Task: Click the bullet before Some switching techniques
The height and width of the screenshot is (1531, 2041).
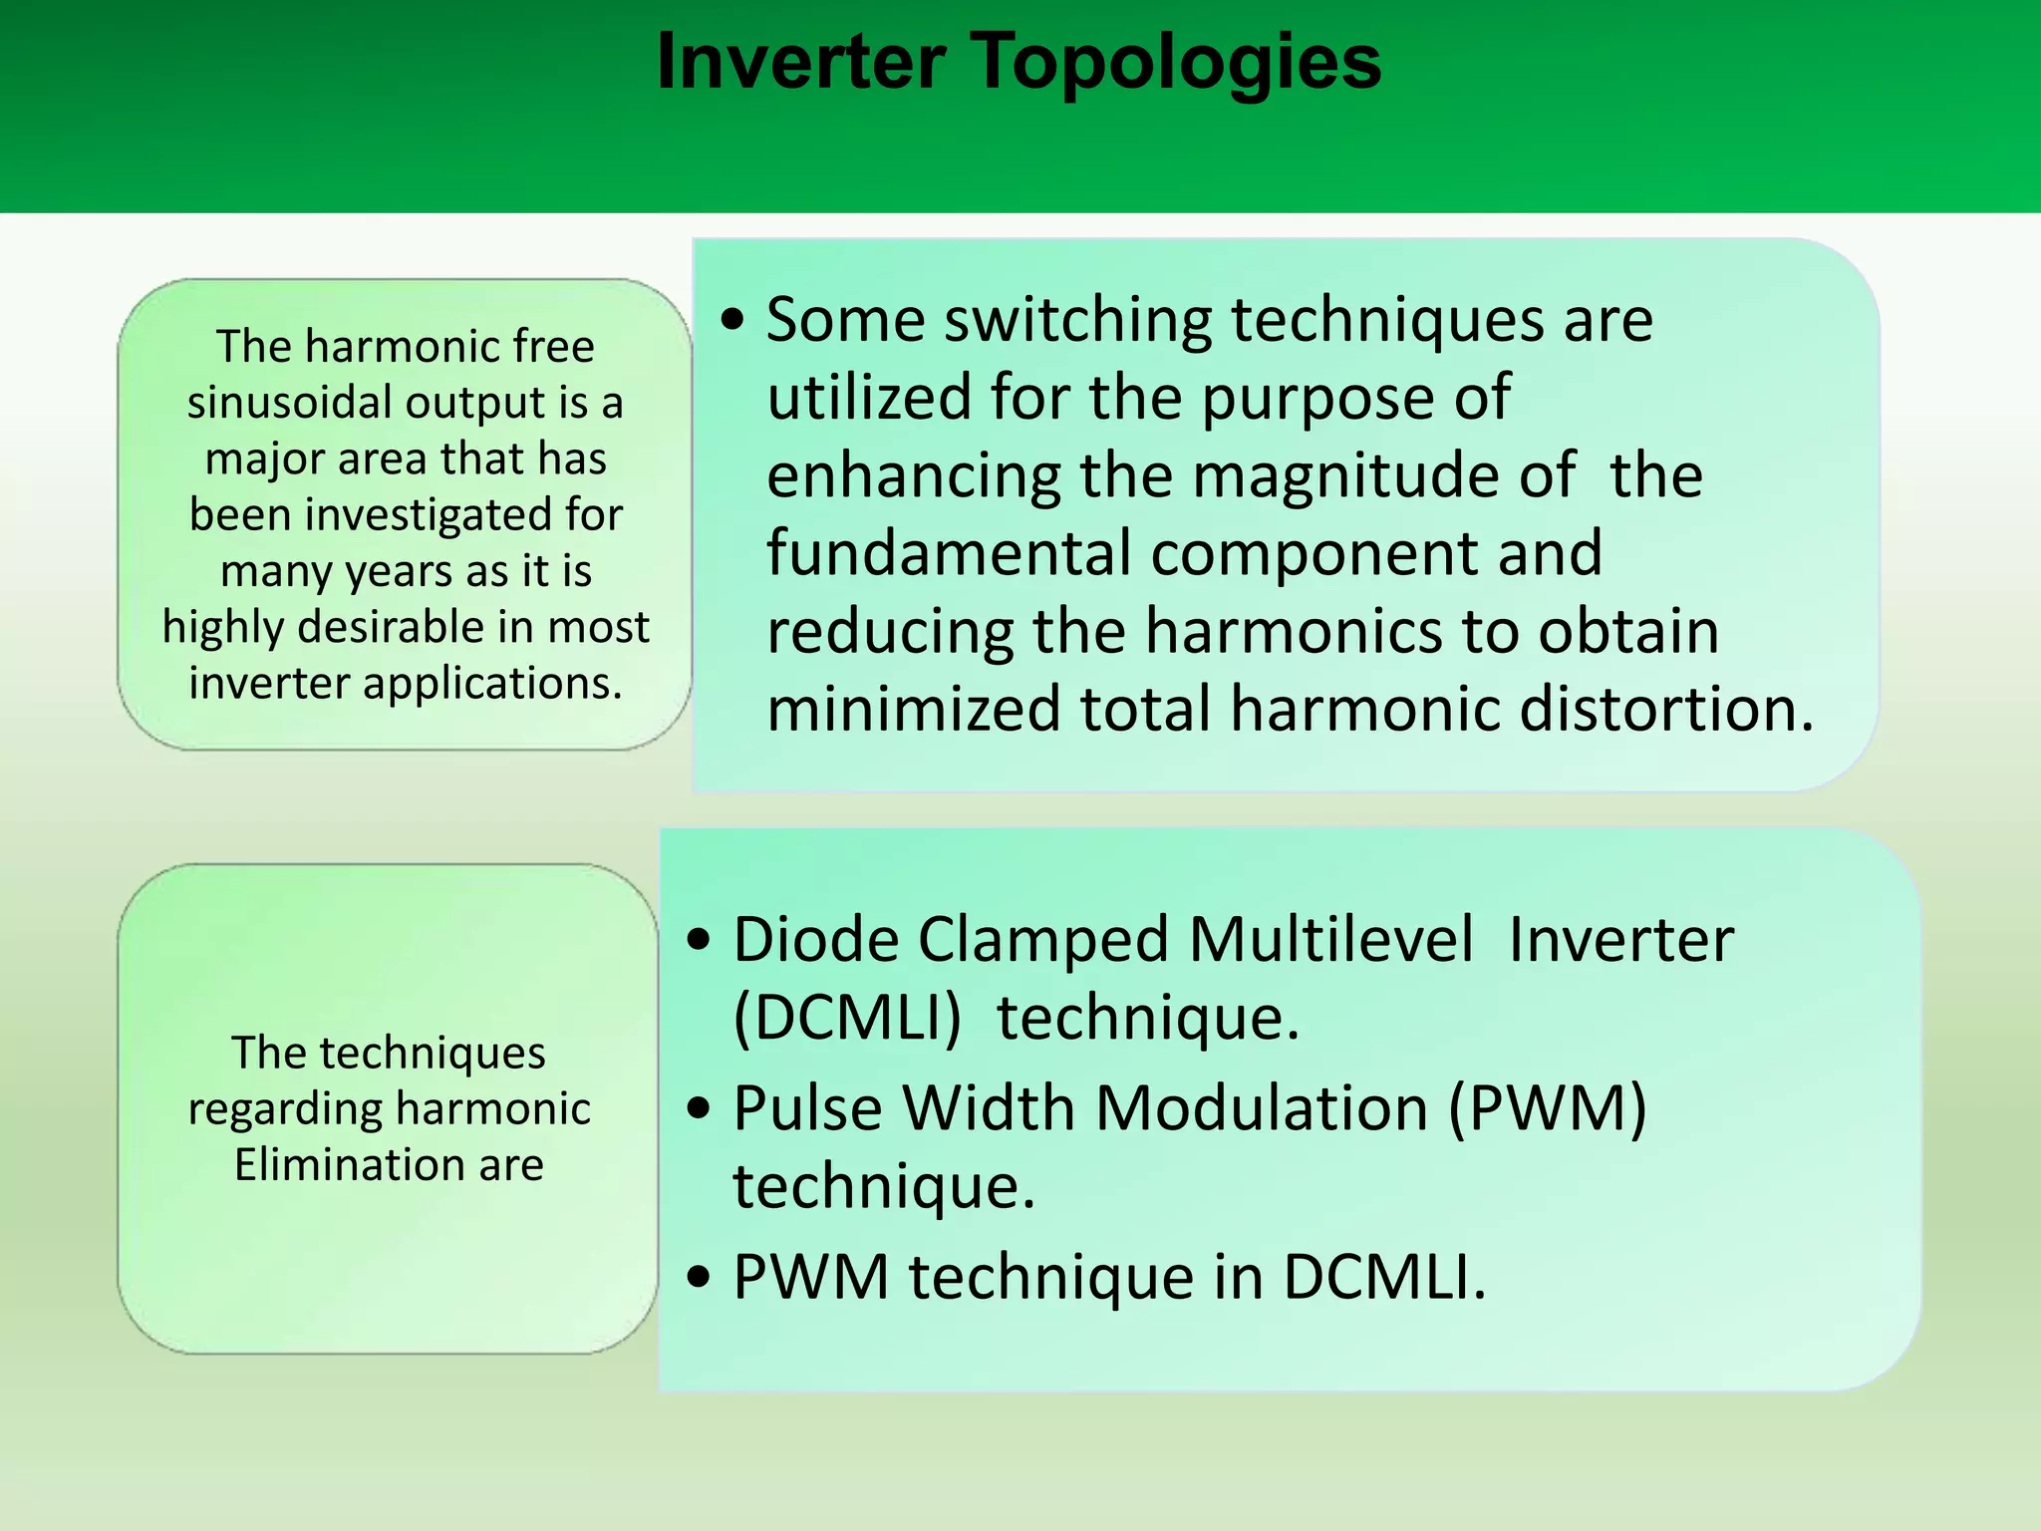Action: click(733, 321)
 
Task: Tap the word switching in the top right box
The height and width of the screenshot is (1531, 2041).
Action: click(1077, 321)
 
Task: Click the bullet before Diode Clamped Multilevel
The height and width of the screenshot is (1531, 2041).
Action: click(700, 940)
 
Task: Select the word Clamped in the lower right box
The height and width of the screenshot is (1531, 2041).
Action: click(1043, 940)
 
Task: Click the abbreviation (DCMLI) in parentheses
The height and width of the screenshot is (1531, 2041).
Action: click(847, 1019)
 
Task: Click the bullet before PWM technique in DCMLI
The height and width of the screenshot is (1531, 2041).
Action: click(700, 1277)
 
